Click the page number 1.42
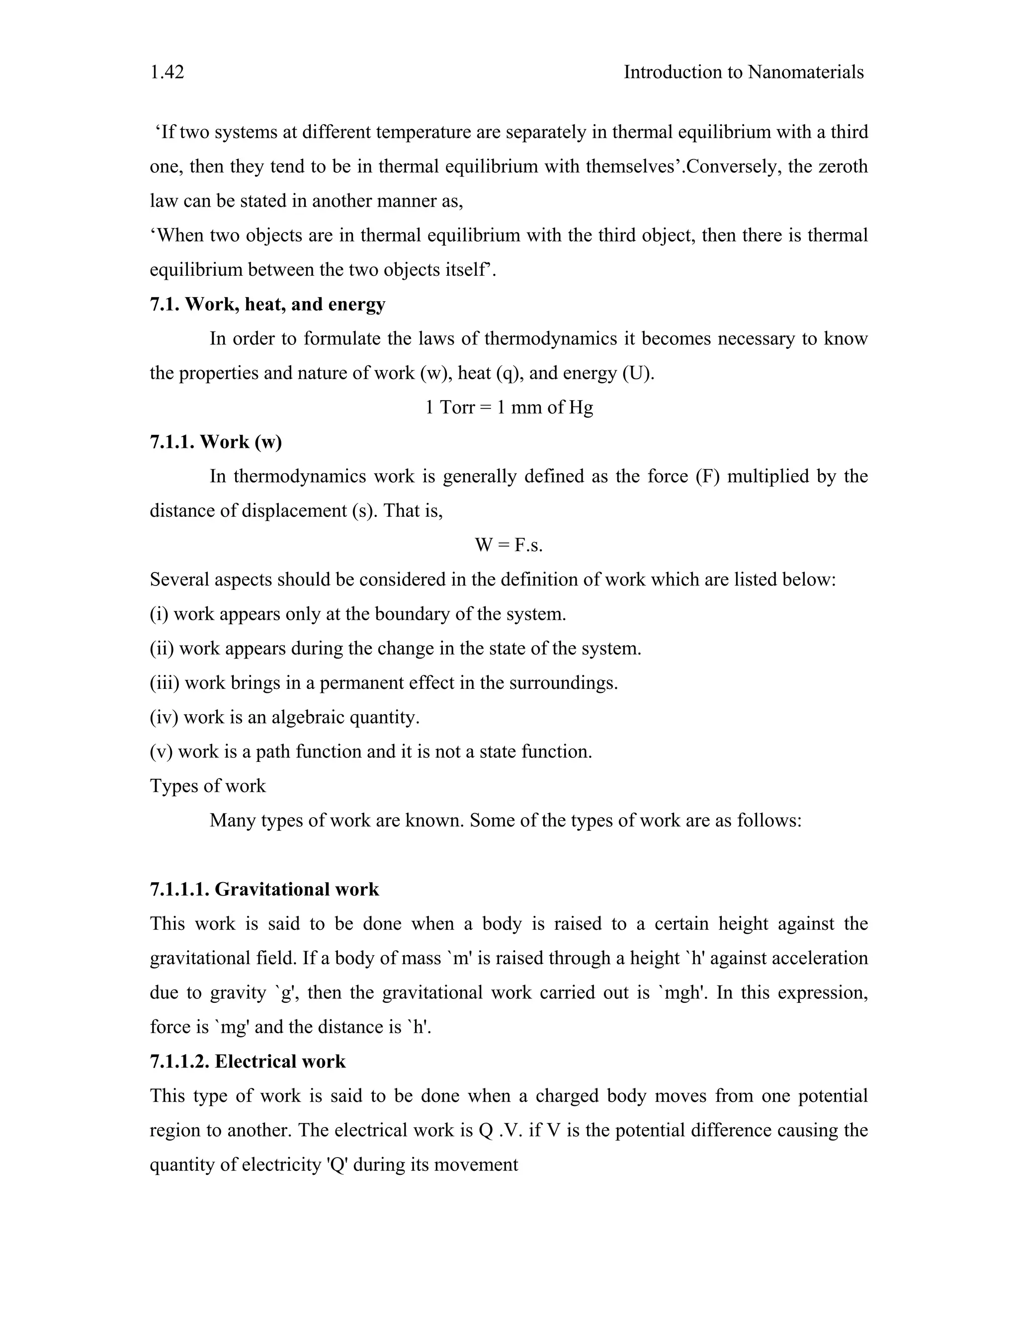pyautogui.click(x=167, y=73)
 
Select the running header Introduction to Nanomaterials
pyautogui.click(x=743, y=73)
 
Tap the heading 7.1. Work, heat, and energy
pyautogui.click(x=267, y=304)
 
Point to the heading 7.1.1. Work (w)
pyautogui.click(x=216, y=441)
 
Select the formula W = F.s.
pyautogui.click(x=509, y=545)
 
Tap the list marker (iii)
pyautogui.click(x=164, y=683)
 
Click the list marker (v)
pyautogui.click(x=161, y=751)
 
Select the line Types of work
pyautogui.click(x=207, y=786)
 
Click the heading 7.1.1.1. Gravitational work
pyautogui.click(x=264, y=890)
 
